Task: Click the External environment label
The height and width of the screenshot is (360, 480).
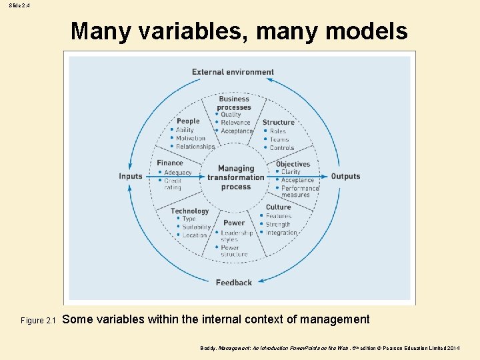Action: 233,72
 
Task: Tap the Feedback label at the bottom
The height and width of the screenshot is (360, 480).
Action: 234,283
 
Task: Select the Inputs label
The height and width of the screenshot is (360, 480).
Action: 131,176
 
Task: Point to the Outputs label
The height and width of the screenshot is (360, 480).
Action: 345,176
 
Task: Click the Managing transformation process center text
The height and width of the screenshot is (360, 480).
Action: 236,178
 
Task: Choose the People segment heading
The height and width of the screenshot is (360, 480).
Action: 188,121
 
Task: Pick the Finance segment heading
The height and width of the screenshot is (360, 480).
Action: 170,163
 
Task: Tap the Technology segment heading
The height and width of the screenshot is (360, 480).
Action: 190,211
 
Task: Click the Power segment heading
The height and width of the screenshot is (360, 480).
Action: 234,223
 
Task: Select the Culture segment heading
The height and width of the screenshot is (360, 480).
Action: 278,207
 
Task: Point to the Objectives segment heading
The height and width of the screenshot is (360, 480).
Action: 293,164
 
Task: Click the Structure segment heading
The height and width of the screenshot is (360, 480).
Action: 278,123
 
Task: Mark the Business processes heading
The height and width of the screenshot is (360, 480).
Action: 234,103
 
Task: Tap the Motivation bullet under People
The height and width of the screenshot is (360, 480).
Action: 191,139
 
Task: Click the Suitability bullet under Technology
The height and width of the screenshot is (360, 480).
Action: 196,227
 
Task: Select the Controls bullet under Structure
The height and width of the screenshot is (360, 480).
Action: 281,148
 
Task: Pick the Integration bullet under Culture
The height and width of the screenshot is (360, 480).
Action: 281,233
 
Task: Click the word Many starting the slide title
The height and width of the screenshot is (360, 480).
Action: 97,31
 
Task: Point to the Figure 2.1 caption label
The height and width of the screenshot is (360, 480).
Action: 37,321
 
